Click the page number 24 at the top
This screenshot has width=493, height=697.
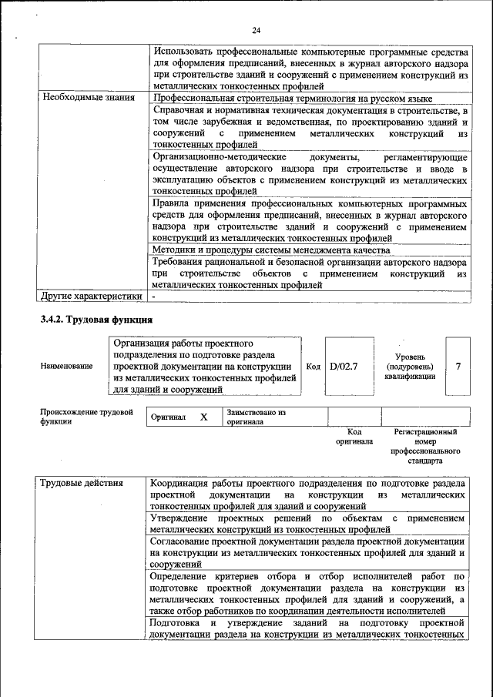coord(257,30)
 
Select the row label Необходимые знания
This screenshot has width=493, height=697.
coord(89,98)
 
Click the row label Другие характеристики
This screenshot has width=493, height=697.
coord(92,295)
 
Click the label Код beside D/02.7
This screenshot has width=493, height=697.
coord(313,367)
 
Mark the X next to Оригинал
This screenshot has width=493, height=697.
coord(204,417)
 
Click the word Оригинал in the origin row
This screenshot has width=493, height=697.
coord(169,417)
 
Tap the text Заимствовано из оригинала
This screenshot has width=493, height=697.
coord(256,417)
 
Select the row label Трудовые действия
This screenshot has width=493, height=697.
coord(81,483)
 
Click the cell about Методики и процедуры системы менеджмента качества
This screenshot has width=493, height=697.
coord(270,250)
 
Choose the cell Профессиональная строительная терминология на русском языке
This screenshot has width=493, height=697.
coord(291,98)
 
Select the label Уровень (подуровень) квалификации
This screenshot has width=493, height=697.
coord(414,367)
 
